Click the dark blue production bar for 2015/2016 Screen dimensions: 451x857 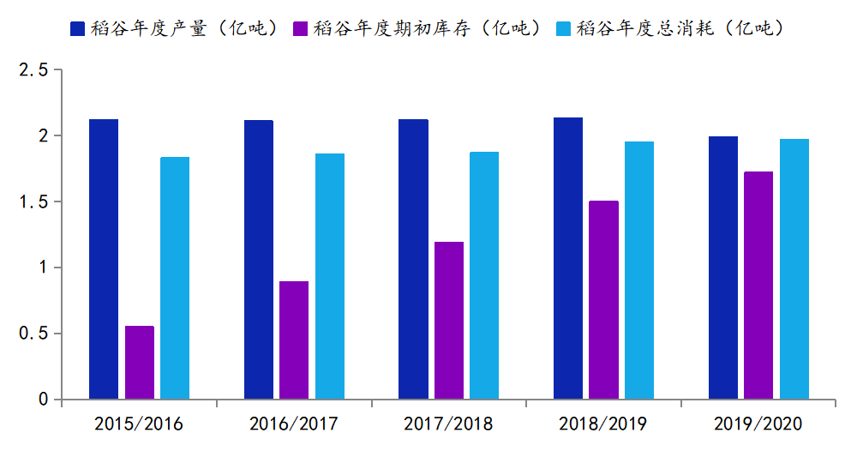pyautogui.click(x=104, y=259)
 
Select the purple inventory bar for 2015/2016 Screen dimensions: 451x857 pyautogui.click(x=140, y=363)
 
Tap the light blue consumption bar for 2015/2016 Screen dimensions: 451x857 pyautogui.click(x=175, y=278)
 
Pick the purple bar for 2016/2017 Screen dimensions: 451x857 pyautogui.click(x=294, y=340)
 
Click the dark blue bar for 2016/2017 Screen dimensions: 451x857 pyautogui.click(x=259, y=260)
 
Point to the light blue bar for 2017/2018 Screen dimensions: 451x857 pyautogui.click(x=484, y=275)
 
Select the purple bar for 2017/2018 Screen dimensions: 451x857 pyautogui.click(x=449, y=321)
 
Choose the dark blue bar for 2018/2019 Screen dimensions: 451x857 pyautogui.click(x=568, y=258)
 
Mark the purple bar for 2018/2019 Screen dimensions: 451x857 pyautogui.click(x=603, y=300)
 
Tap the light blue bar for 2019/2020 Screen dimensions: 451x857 pyautogui.click(x=794, y=269)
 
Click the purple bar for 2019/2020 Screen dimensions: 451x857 pyautogui.click(x=758, y=286)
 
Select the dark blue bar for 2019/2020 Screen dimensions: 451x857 pyautogui.click(x=723, y=268)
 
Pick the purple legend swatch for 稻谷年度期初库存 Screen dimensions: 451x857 pyautogui.click(x=302, y=28)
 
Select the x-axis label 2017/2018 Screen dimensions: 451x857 pyautogui.click(x=448, y=424)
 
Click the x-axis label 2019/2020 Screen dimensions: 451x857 pyautogui.click(x=758, y=424)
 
